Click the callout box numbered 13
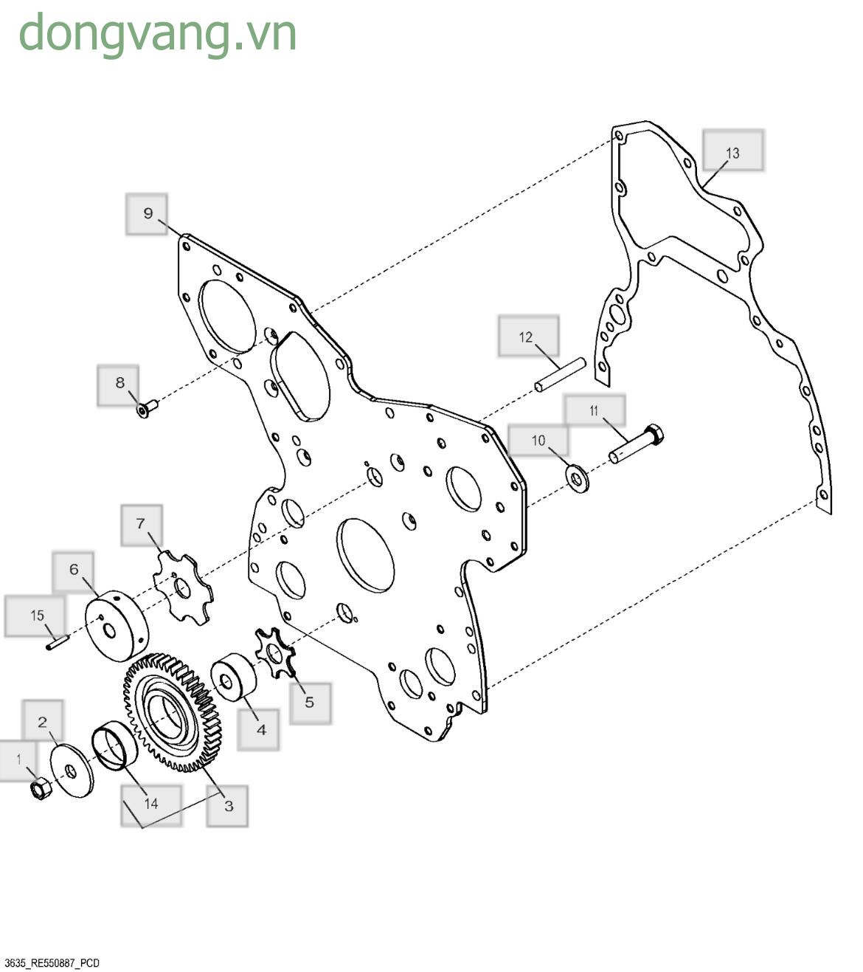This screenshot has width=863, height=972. click(733, 150)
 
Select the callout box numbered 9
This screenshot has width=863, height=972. click(147, 214)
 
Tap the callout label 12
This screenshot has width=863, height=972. click(528, 336)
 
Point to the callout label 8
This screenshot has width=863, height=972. click(118, 385)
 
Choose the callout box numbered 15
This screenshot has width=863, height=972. click(35, 616)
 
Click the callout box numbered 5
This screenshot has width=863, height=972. click(311, 703)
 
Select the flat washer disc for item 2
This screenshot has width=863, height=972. click(72, 771)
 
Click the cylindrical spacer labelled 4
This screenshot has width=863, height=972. click(234, 677)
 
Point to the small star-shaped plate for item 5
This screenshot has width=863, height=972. click(275, 652)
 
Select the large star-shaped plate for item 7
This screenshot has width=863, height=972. click(183, 587)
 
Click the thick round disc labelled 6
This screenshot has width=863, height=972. click(117, 626)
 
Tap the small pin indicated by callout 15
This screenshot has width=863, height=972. click(58, 641)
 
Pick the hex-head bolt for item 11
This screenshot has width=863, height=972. click(637, 444)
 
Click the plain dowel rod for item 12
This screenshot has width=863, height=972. click(560, 375)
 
